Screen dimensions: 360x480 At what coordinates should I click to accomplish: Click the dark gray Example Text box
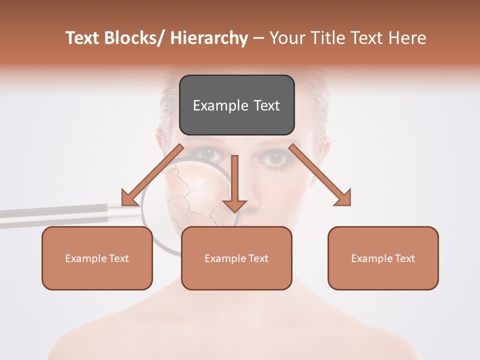click(x=236, y=105)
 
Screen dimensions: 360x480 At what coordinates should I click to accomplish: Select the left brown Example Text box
click(x=97, y=258)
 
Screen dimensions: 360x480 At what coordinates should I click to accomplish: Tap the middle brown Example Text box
click(x=236, y=258)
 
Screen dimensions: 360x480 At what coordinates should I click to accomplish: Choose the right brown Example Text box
click(x=383, y=258)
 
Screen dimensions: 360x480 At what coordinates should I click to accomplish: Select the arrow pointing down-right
click(x=320, y=175)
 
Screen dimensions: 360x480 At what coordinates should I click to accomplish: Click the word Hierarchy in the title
click(x=209, y=38)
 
